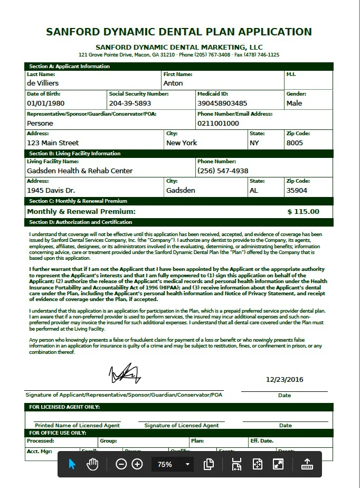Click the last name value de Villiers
pyautogui.click(x=43, y=83)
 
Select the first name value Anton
pyautogui.click(x=173, y=83)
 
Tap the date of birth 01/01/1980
pyautogui.click(x=45, y=104)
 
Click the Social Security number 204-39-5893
pyautogui.click(x=130, y=104)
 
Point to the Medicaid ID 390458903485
pyautogui.click(x=222, y=104)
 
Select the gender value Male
pyautogui.click(x=294, y=104)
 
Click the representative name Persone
pyautogui.click(x=40, y=124)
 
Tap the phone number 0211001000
pyautogui.click(x=218, y=124)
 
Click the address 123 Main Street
pyautogui.click(x=53, y=143)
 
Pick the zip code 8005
pyautogui.click(x=295, y=143)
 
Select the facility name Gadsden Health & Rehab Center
pyautogui.click(x=80, y=171)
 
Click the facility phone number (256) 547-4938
pyautogui.click(x=222, y=171)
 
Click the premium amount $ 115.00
pyautogui.click(x=303, y=212)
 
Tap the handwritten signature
pyautogui.click(x=125, y=373)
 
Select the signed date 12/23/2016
pyautogui.click(x=285, y=379)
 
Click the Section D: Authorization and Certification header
pyautogui.click(x=81, y=222)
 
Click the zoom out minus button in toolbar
pyautogui.click(x=121, y=464)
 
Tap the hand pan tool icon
pyautogui.click(x=92, y=464)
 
